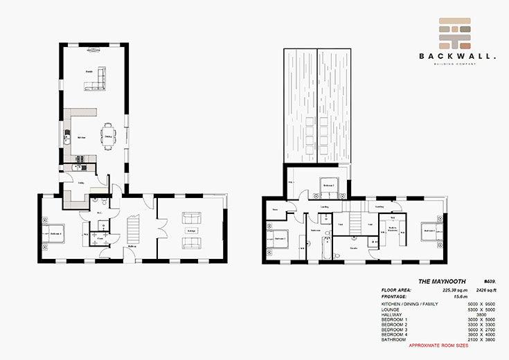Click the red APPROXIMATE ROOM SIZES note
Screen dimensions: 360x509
(x=438, y=345)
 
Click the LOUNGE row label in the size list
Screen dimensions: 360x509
(x=391, y=309)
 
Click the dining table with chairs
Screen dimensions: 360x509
(x=108, y=134)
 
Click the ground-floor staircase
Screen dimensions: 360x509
(x=134, y=228)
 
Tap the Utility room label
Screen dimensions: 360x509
(x=80, y=182)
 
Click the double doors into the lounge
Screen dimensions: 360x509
(x=158, y=228)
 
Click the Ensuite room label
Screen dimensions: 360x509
(x=353, y=246)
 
